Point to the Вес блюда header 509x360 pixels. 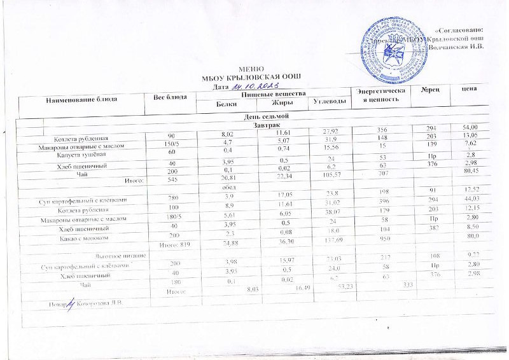tap(170, 96)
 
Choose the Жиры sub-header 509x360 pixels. tap(282, 102)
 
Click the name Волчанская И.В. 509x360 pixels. tap(457, 46)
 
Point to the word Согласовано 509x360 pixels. tap(460, 30)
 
